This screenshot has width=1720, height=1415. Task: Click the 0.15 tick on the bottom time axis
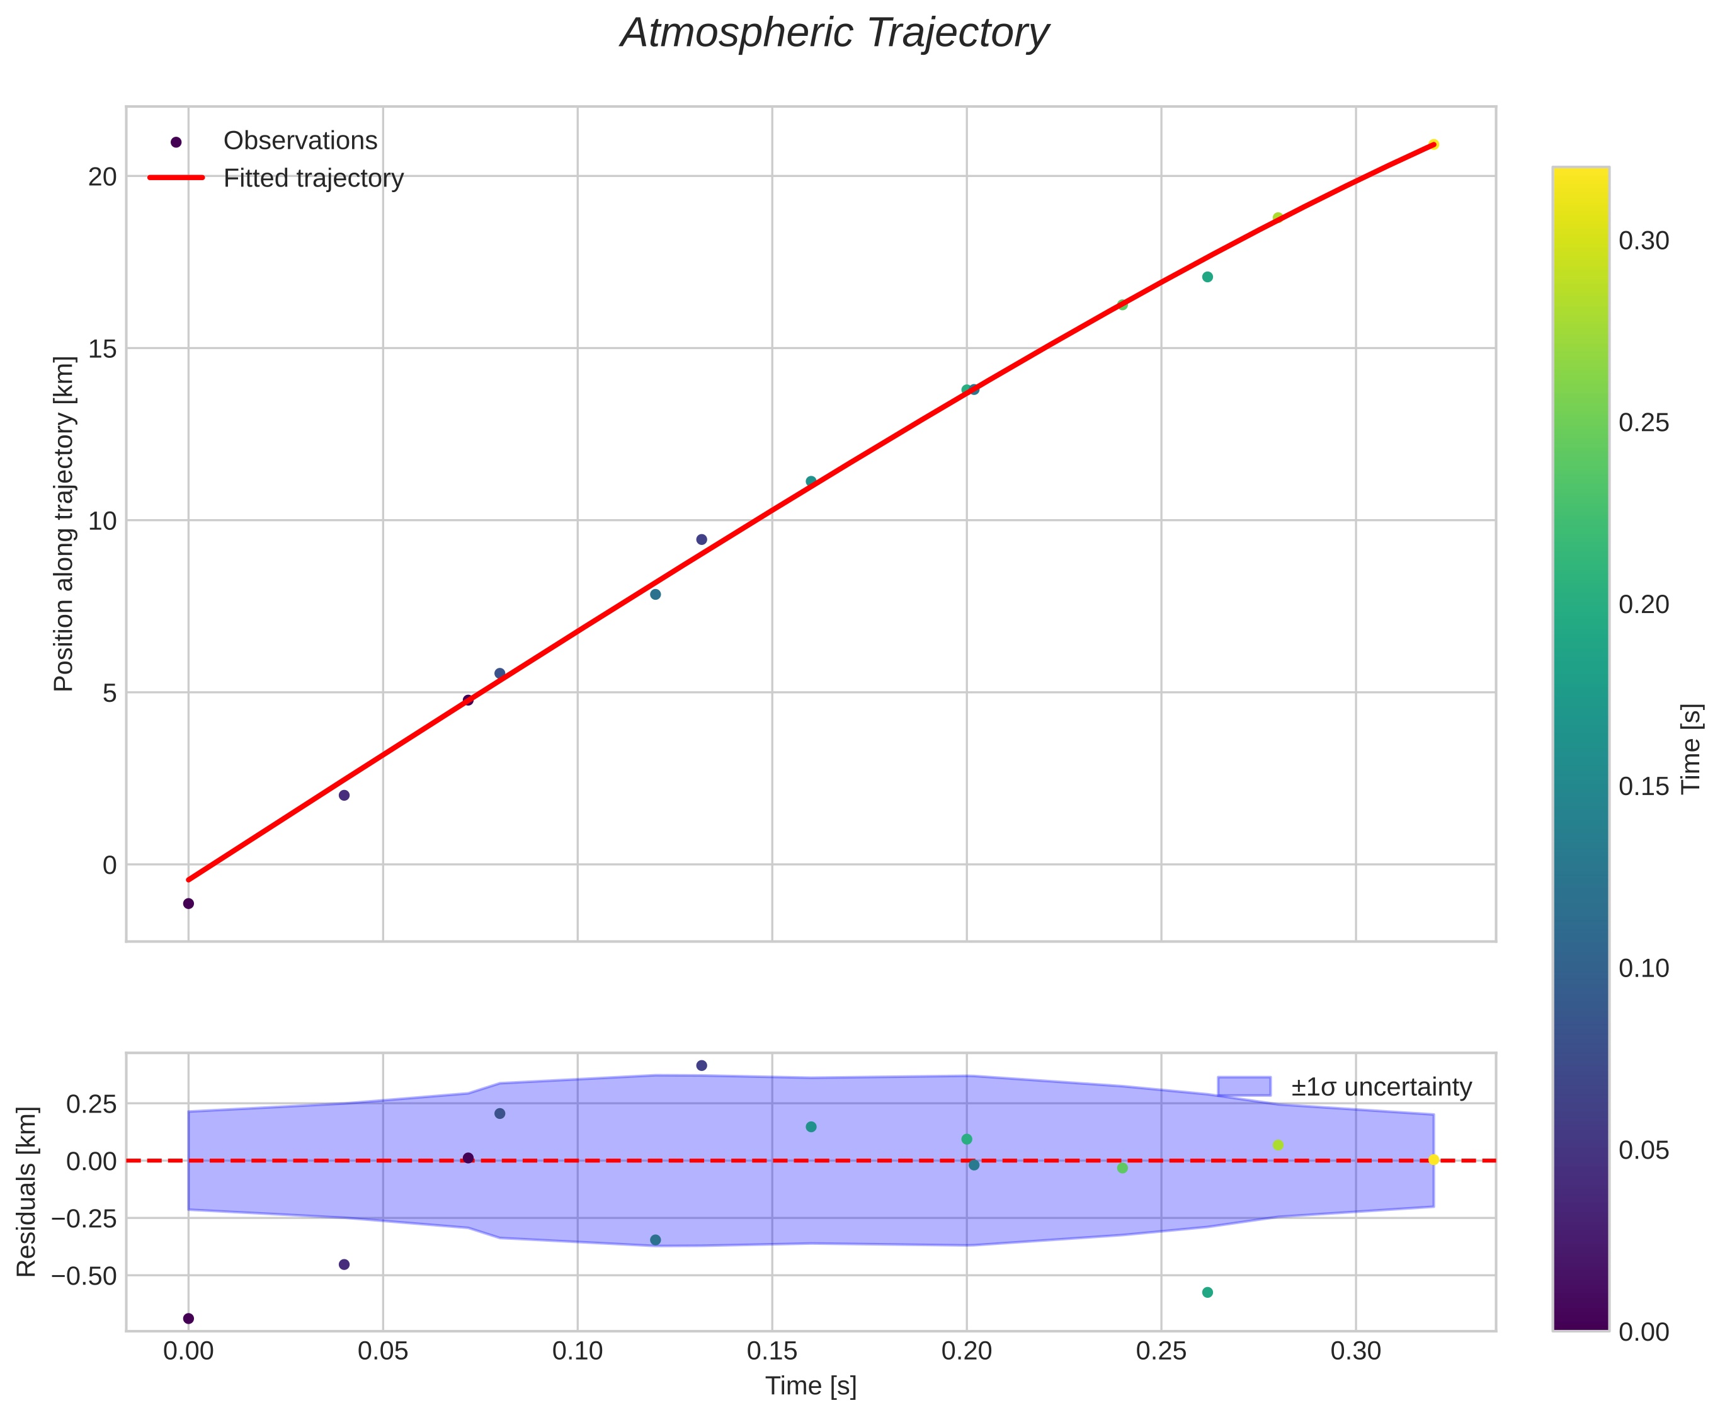tap(772, 1351)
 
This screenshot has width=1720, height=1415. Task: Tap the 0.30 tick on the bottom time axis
tap(1356, 1351)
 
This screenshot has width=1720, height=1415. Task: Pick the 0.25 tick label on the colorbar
tap(1643, 423)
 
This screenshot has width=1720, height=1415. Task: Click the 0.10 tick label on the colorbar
tap(1643, 968)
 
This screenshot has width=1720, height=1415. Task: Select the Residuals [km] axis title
tap(27, 1192)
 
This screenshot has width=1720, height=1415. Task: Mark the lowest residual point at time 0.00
tap(188, 1319)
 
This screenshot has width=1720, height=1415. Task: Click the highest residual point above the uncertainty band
tap(702, 1065)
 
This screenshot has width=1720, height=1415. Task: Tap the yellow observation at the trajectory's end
tap(1434, 144)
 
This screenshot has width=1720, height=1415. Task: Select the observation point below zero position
tap(188, 903)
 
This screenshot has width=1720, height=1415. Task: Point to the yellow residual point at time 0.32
tap(1434, 1160)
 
